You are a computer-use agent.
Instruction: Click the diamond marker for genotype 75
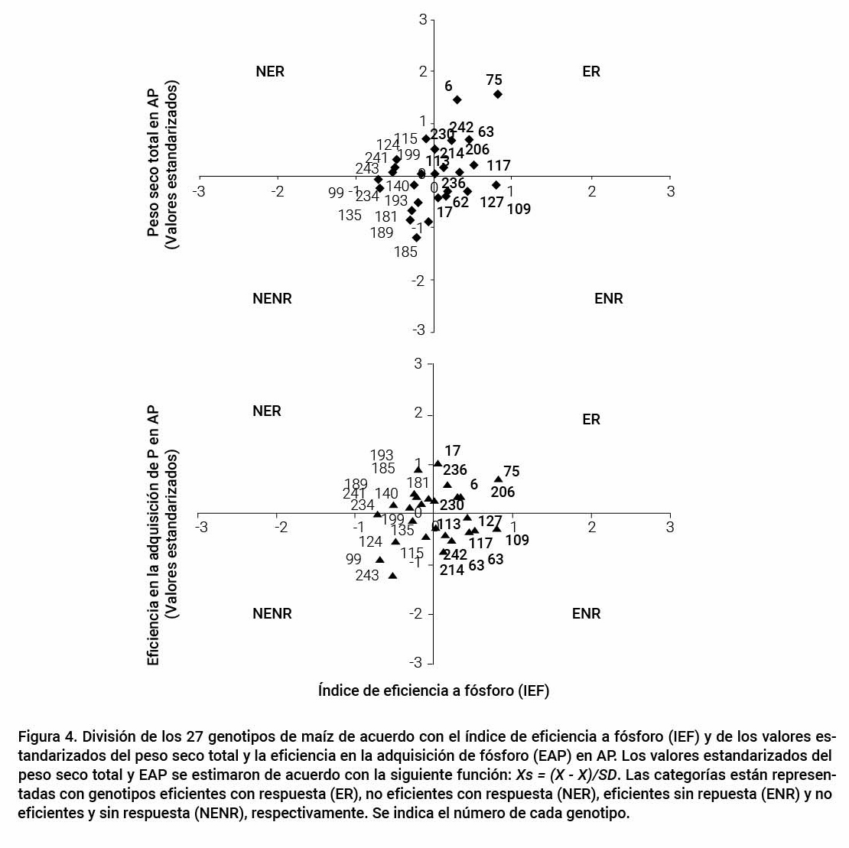pyautogui.click(x=497, y=94)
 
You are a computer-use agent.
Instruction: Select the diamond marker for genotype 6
pyautogui.click(x=457, y=99)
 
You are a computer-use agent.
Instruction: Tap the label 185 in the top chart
pyautogui.click(x=405, y=252)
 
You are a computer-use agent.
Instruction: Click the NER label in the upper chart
pyautogui.click(x=270, y=72)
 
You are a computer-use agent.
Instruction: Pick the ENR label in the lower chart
pyautogui.click(x=586, y=613)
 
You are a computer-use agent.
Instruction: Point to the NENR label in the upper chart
pyautogui.click(x=272, y=298)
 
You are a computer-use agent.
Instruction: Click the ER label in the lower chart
pyautogui.click(x=591, y=419)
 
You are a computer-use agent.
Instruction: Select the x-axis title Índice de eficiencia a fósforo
pyautogui.click(x=434, y=690)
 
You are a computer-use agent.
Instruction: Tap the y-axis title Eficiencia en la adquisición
pyautogui.click(x=153, y=535)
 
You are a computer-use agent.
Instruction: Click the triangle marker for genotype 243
pyautogui.click(x=392, y=575)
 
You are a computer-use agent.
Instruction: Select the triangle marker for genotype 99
pyautogui.click(x=379, y=560)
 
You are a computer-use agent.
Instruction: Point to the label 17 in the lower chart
pyautogui.click(x=452, y=451)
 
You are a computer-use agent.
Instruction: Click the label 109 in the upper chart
pyautogui.click(x=519, y=209)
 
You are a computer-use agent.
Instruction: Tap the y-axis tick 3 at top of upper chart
pyautogui.click(x=422, y=20)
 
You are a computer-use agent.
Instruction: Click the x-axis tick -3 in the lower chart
pyautogui.click(x=200, y=527)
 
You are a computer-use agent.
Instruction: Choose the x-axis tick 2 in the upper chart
pyautogui.click(x=591, y=191)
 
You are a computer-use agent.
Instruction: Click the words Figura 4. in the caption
pyautogui.click(x=45, y=737)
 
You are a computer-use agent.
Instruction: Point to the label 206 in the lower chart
pyautogui.click(x=503, y=492)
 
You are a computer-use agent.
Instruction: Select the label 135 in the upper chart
pyautogui.click(x=350, y=215)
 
